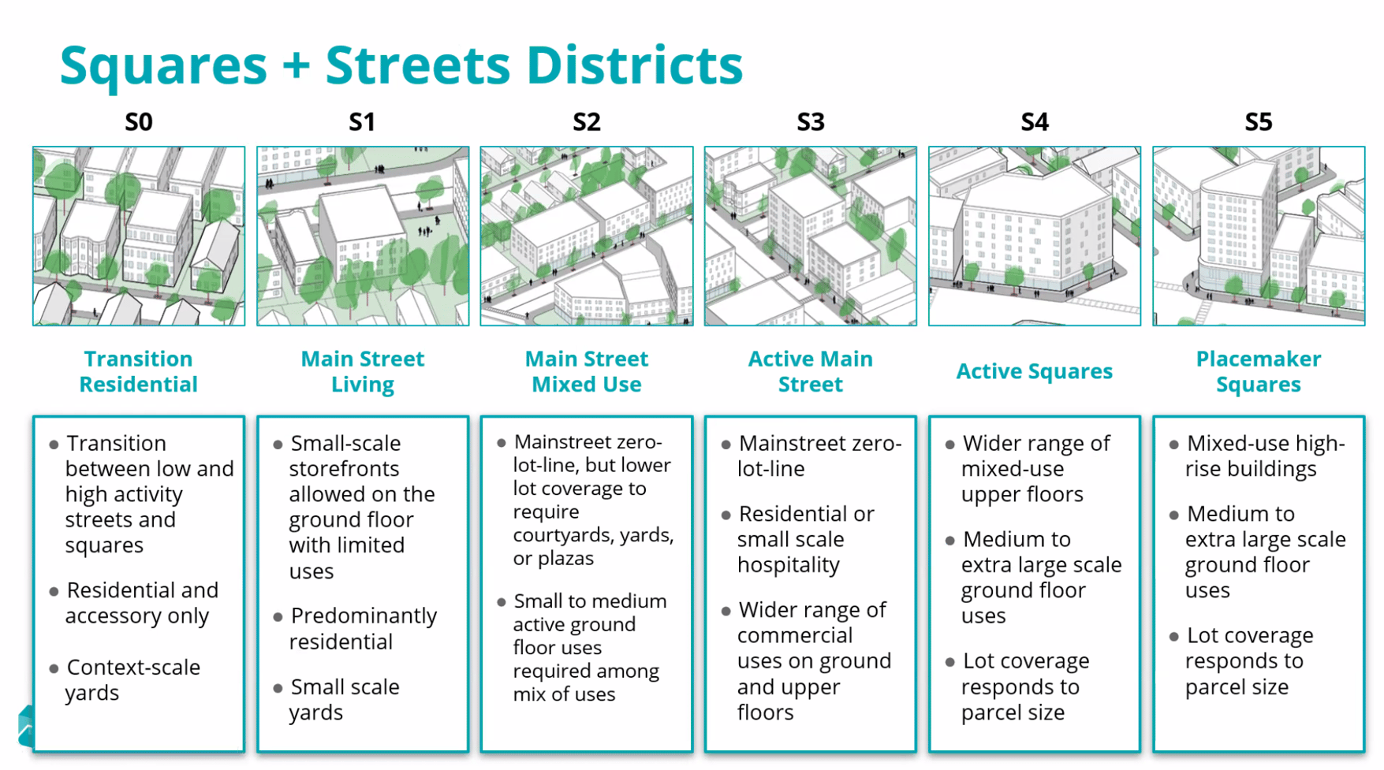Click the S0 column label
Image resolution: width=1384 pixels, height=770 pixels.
click(139, 122)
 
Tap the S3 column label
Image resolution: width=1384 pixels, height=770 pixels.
click(811, 122)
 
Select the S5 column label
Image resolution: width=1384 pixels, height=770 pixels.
click(1259, 122)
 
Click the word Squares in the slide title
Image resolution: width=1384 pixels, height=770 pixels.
click(163, 65)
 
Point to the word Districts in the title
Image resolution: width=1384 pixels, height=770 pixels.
click(635, 65)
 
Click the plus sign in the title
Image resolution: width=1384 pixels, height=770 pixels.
click(296, 66)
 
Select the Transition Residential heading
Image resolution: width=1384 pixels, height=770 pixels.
click(139, 371)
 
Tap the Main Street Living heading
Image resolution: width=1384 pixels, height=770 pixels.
click(363, 371)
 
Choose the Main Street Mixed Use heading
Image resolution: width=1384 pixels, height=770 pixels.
click(587, 371)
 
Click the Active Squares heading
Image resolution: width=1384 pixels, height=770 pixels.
click(1035, 371)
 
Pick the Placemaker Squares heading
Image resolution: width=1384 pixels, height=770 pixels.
click(1259, 371)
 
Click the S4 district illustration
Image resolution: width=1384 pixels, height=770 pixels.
click(1035, 236)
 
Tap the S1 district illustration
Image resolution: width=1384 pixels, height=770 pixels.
click(363, 236)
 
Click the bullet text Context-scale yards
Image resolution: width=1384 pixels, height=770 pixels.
click(132, 679)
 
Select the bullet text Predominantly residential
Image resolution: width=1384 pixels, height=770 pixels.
click(363, 628)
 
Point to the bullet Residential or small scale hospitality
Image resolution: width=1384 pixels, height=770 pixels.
click(805, 539)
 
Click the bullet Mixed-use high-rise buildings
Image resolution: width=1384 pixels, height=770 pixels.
click(1265, 456)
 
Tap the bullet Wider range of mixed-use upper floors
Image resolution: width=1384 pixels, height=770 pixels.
click(1035, 468)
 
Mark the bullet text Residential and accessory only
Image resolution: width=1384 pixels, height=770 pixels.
click(142, 603)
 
